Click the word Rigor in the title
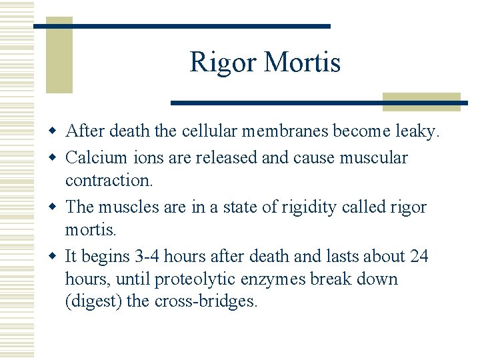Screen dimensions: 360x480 [223, 63]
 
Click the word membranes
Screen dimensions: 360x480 [287, 132]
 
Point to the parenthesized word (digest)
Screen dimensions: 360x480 [93, 301]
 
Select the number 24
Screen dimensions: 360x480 [419, 256]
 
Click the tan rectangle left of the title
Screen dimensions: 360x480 [59, 59]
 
